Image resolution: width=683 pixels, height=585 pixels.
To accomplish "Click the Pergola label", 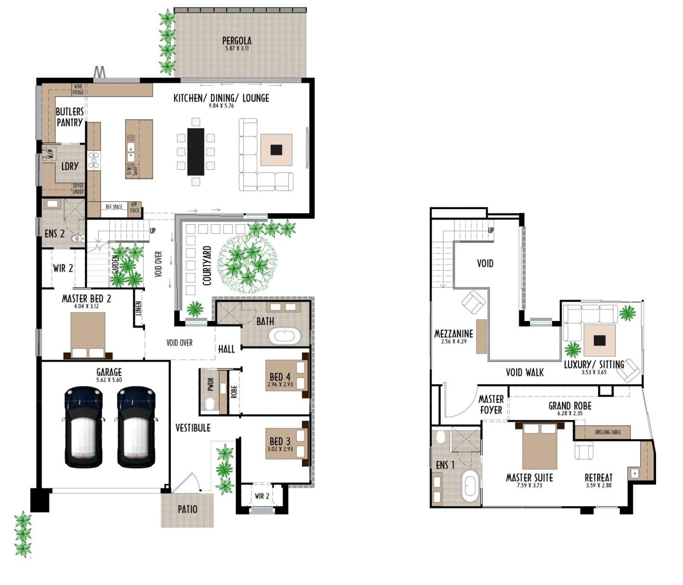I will pyautogui.click(x=237, y=41).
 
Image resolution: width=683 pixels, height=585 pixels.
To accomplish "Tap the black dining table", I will pyautogui.click(x=195, y=152).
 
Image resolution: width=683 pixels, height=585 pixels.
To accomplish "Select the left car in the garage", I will pyautogui.click(x=83, y=427).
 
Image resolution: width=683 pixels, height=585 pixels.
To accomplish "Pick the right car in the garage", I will pyautogui.click(x=136, y=427).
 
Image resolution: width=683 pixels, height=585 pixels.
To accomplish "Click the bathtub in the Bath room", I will pyautogui.click(x=285, y=337).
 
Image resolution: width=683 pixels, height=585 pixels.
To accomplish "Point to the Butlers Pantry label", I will pyautogui.click(x=70, y=117).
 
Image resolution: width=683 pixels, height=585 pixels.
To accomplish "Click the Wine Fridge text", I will pyautogui.click(x=78, y=89).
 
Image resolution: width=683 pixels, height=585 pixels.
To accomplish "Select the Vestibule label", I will pyautogui.click(x=193, y=428).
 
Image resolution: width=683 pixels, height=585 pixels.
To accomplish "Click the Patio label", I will pyautogui.click(x=187, y=509).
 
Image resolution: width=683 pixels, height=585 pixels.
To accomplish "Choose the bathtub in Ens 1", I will pyautogui.click(x=471, y=488).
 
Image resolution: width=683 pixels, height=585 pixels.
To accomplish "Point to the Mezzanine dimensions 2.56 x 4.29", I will pyautogui.click(x=453, y=341).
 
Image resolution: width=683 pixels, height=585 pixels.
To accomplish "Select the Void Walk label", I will pyautogui.click(x=525, y=372).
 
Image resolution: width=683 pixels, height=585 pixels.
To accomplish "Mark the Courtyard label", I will pyautogui.click(x=207, y=265).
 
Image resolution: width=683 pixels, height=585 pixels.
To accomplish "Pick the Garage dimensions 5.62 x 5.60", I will pyautogui.click(x=109, y=380).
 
